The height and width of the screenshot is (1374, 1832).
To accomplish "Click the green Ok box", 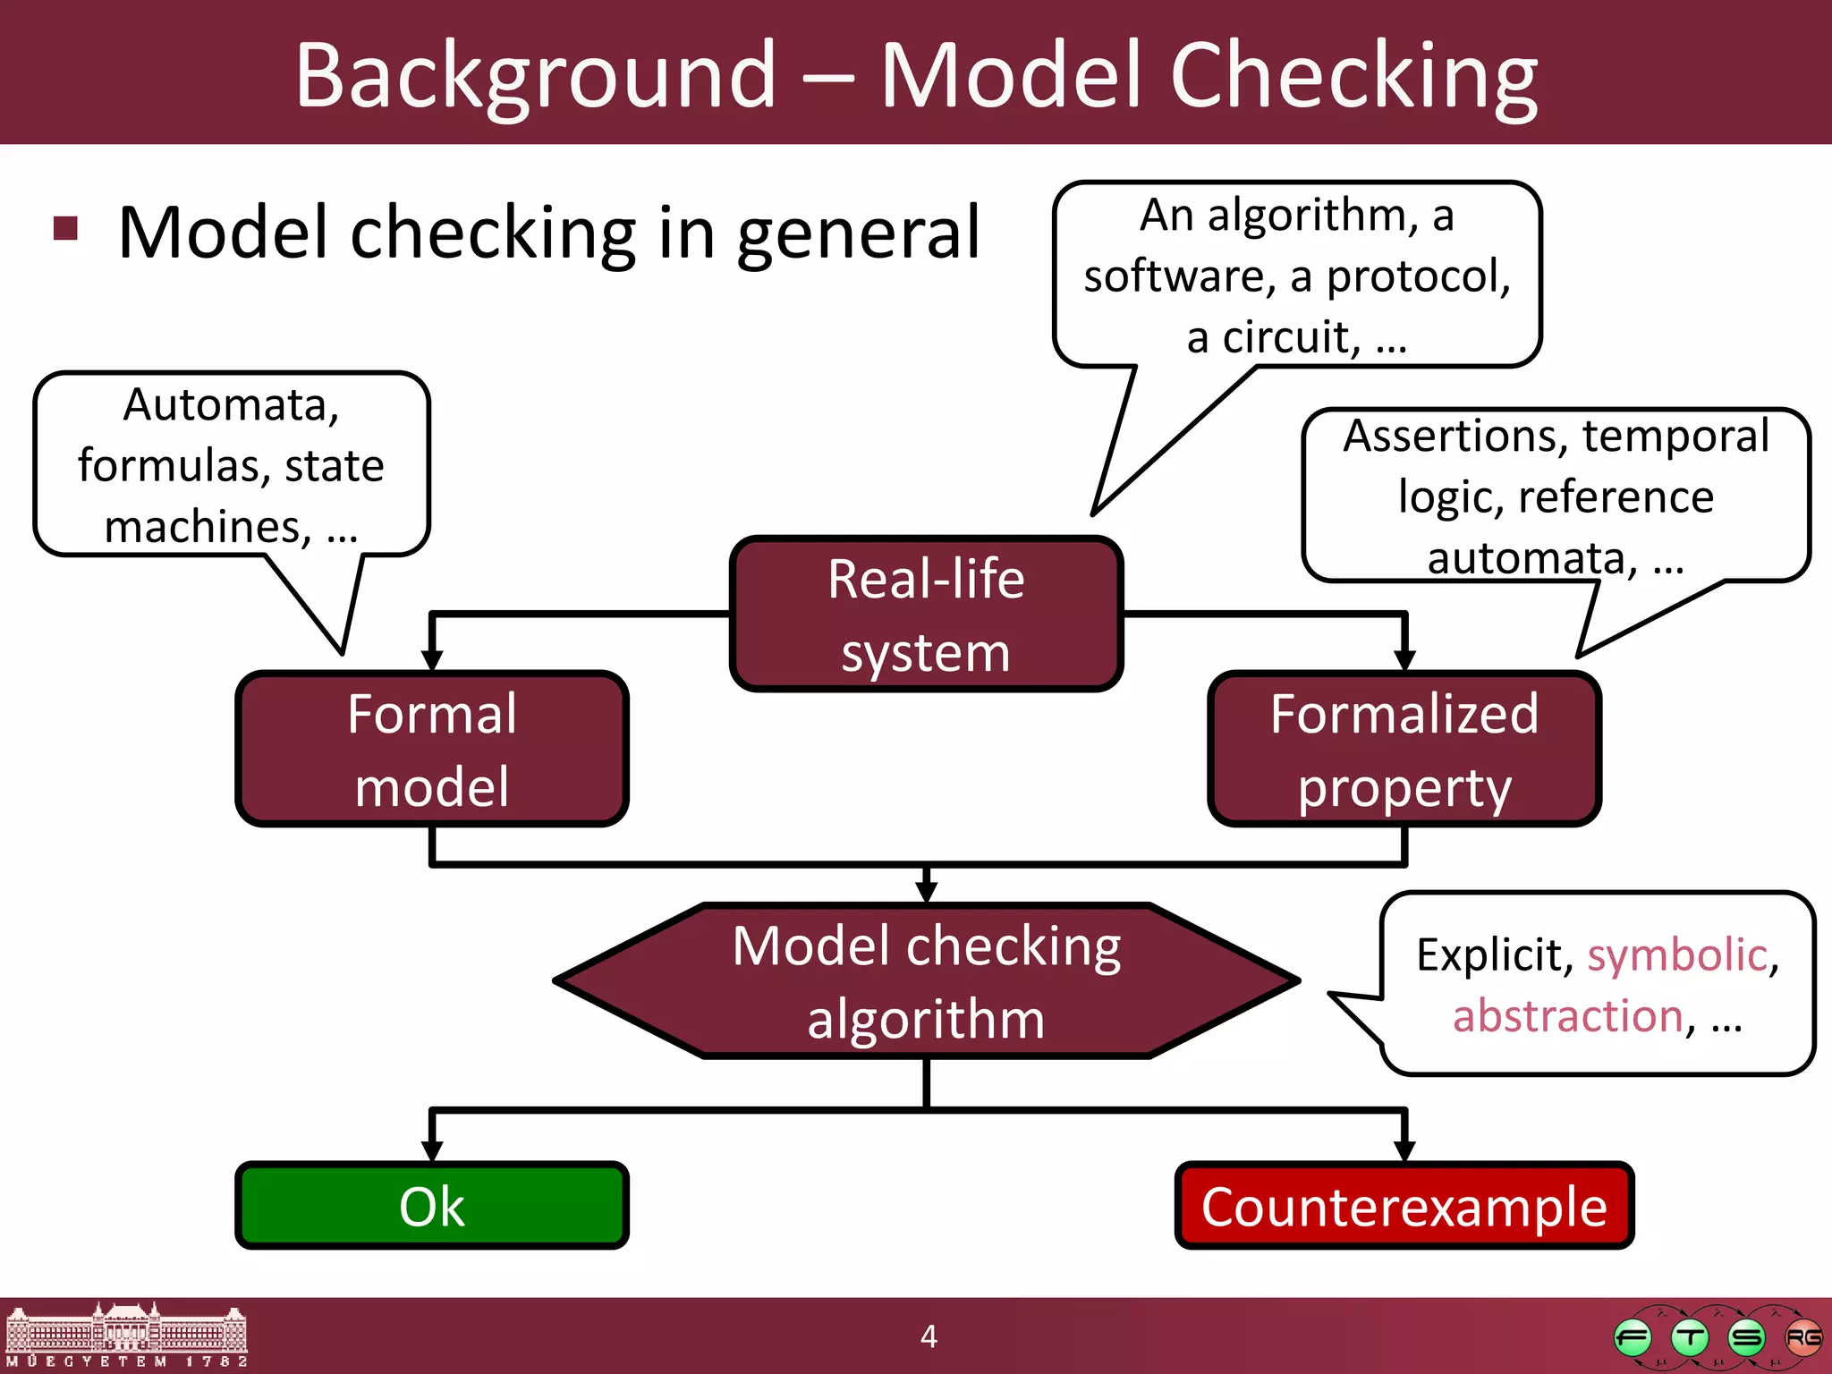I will coord(432,1206).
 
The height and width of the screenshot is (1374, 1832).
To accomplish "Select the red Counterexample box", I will coord(1404,1206).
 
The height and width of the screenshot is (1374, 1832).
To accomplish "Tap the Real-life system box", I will coord(926,615).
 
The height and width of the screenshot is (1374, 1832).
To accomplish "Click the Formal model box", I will coord(432,750).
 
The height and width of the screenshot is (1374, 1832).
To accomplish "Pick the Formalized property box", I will coord(1404,750).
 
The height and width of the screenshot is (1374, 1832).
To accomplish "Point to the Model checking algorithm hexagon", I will coord(926,981).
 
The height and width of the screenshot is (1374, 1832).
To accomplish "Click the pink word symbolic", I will coord(1677,955).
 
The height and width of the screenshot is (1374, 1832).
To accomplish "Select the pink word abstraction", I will coord(1568,1017).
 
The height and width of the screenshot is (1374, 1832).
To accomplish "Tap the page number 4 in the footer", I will coord(929,1336).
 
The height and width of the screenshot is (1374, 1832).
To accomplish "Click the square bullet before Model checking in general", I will coord(66,229).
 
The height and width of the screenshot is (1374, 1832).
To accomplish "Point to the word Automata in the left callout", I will coord(231,405).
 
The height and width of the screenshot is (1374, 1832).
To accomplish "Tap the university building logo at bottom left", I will coord(125,1335).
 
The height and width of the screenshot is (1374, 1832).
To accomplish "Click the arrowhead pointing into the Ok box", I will coord(432,1150).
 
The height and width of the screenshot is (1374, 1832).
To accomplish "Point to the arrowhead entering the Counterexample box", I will coord(1404,1150).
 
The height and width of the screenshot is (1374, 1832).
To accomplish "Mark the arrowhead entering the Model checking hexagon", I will coord(927,892).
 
